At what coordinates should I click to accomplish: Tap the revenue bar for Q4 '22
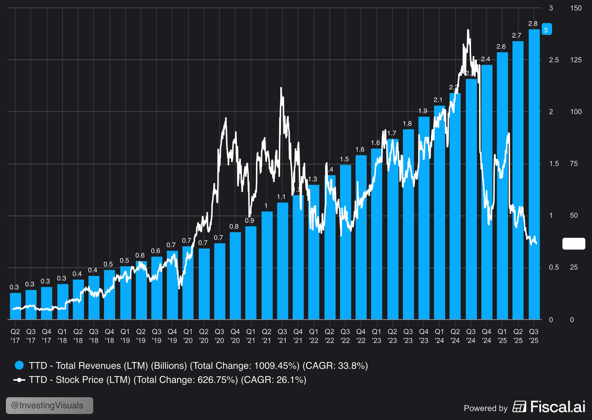pyautogui.click(x=361, y=237)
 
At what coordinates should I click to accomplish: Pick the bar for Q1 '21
pyautogui.click(x=251, y=272)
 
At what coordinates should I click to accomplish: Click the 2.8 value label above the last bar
pyautogui.click(x=533, y=24)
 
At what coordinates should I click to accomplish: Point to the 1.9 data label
pyautogui.click(x=423, y=111)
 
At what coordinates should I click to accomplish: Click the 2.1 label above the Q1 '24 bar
pyautogui.click(x=438, y=100)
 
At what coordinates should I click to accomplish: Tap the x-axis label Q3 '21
pyautogui.click(x=282, y=336)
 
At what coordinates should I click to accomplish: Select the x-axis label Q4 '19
pyautogui.click(x=172, y=336)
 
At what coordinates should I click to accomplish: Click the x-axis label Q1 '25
pyautogui.click(x=502, y=336)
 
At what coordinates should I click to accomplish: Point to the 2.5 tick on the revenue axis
pyautogui.click(x=554, y=60)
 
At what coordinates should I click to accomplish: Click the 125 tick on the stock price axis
pyautogui.click(x=576, y=60)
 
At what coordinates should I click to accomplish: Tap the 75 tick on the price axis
pyautogui.click(x=574, y=164)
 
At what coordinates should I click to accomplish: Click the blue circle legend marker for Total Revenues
pyautogui.click(x=19, y=365)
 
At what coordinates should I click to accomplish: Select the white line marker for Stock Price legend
pyautogui.click(x=19, y=380)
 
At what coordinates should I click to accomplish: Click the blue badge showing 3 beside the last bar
pyautogui.click(x=546, y=29)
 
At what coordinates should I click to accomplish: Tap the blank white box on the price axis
pyautogui.click(x=574, y=243)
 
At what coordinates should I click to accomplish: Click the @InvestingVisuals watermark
pyautogui.click(x=49, y=405)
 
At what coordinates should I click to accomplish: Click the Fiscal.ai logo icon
pyautogui.click(x=519, y=406)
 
